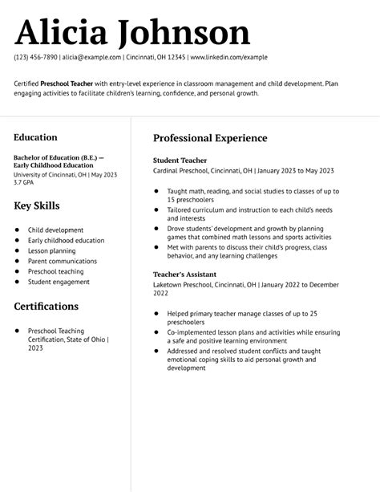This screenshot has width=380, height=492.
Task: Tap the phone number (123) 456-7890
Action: [x=35, y=58]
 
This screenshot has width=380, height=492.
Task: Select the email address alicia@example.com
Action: [x=92, y=58]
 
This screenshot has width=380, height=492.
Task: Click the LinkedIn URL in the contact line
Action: [x=228, y=58]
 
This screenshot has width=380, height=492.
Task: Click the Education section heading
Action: [x=35, y=137]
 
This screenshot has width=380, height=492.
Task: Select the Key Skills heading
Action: [x=37, y=206]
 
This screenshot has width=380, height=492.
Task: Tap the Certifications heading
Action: [x=46, y=307]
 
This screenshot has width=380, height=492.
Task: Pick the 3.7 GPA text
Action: [x=25, y=182]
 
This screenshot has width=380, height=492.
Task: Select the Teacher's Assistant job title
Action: [x=185, y=274]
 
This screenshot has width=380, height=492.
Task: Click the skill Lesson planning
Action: [x=53, y=250]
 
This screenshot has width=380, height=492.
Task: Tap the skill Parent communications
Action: [x=63, y=261]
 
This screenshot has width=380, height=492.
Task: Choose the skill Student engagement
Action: [x=59, y=282]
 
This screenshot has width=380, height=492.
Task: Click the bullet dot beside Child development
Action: [x=17, y=230]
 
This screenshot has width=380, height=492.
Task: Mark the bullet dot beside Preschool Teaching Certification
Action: [x=17, y=330]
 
